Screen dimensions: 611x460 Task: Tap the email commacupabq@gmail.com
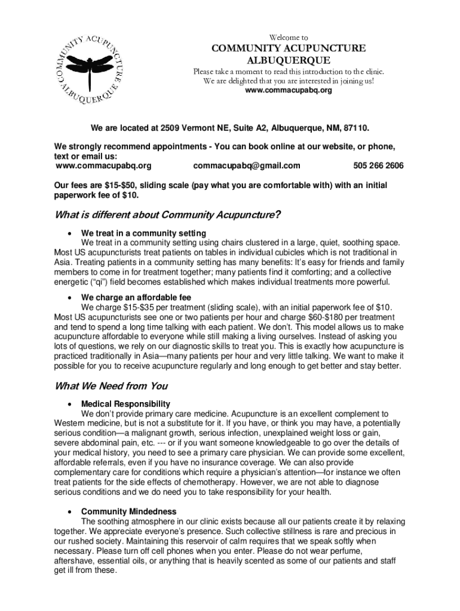point(247,165)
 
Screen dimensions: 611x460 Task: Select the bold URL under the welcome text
point(288,91)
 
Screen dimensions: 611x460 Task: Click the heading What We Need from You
point(111,385)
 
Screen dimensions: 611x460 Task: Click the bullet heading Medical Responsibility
point(125,404)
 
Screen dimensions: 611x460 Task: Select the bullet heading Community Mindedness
point(128,511)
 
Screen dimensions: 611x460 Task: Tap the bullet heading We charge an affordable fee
point(136,297)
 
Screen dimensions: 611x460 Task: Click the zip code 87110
point(356,128)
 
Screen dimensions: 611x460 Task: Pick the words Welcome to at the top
point(289,36)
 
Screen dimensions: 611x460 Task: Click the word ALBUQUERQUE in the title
point(289,60)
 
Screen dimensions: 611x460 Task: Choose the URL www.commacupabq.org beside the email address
point(103,165)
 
